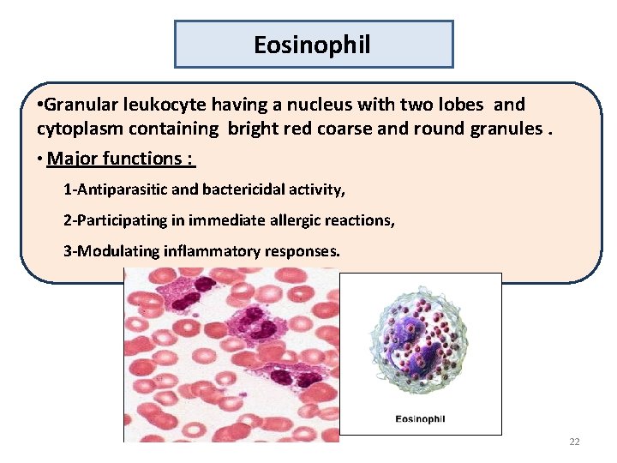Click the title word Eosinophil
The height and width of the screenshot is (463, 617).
[313, 45]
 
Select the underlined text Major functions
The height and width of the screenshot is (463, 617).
[120, 159]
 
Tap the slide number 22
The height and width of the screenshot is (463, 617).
[574, 442]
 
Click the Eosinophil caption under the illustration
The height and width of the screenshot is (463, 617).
[420, 419]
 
